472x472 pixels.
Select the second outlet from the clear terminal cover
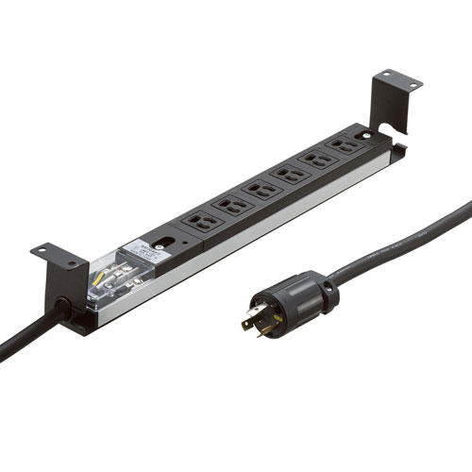pos(229,203)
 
